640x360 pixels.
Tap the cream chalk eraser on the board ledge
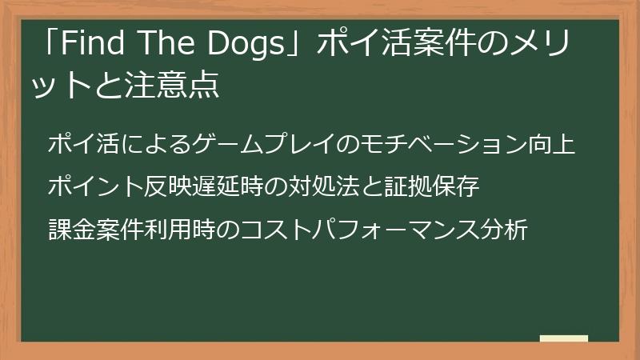click(x=563, y=339)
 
